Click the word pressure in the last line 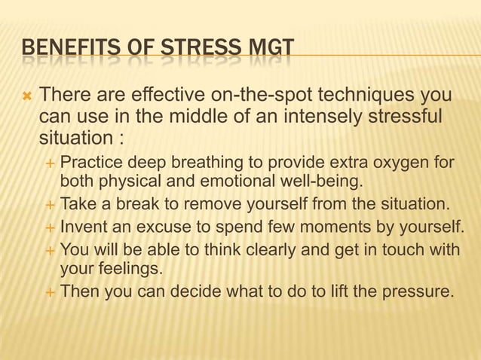418,290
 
